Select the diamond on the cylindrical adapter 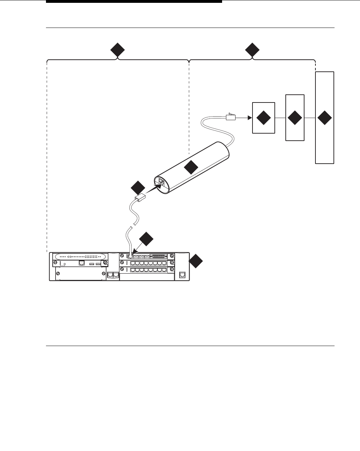point(191,167)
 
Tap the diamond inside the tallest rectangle point(324,118)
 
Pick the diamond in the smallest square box point(263,118)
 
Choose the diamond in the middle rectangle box point(295,118)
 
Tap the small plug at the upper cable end point(230,117)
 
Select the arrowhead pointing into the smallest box point(249,117)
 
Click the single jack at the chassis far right point(182,275)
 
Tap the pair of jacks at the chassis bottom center point(113,275)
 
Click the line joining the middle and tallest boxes point(310,118)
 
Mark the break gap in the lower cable point(132,227)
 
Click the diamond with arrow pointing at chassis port point(146,239)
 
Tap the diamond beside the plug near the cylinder point(138,187)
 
